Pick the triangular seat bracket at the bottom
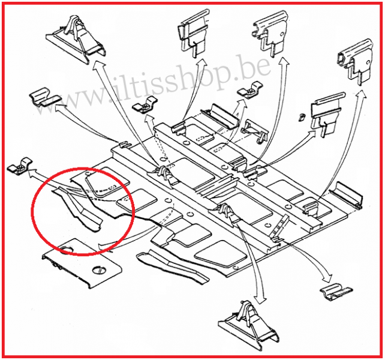click(x=249, y=325)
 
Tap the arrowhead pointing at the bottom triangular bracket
click(x=260, y=300)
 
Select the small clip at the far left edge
click(x=20, y=166)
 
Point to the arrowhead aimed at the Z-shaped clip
click(x=61, y=107)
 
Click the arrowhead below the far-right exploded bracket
click(x=360, y=95)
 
